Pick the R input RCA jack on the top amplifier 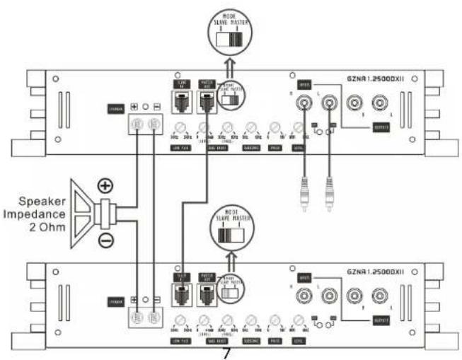tap(304, 106)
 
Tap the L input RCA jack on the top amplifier tap(328, 106)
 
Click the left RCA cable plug tap(304, 192)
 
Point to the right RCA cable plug tap(328, 192)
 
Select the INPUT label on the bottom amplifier tap(305, 276)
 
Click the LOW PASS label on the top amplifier tap(181, 148)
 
